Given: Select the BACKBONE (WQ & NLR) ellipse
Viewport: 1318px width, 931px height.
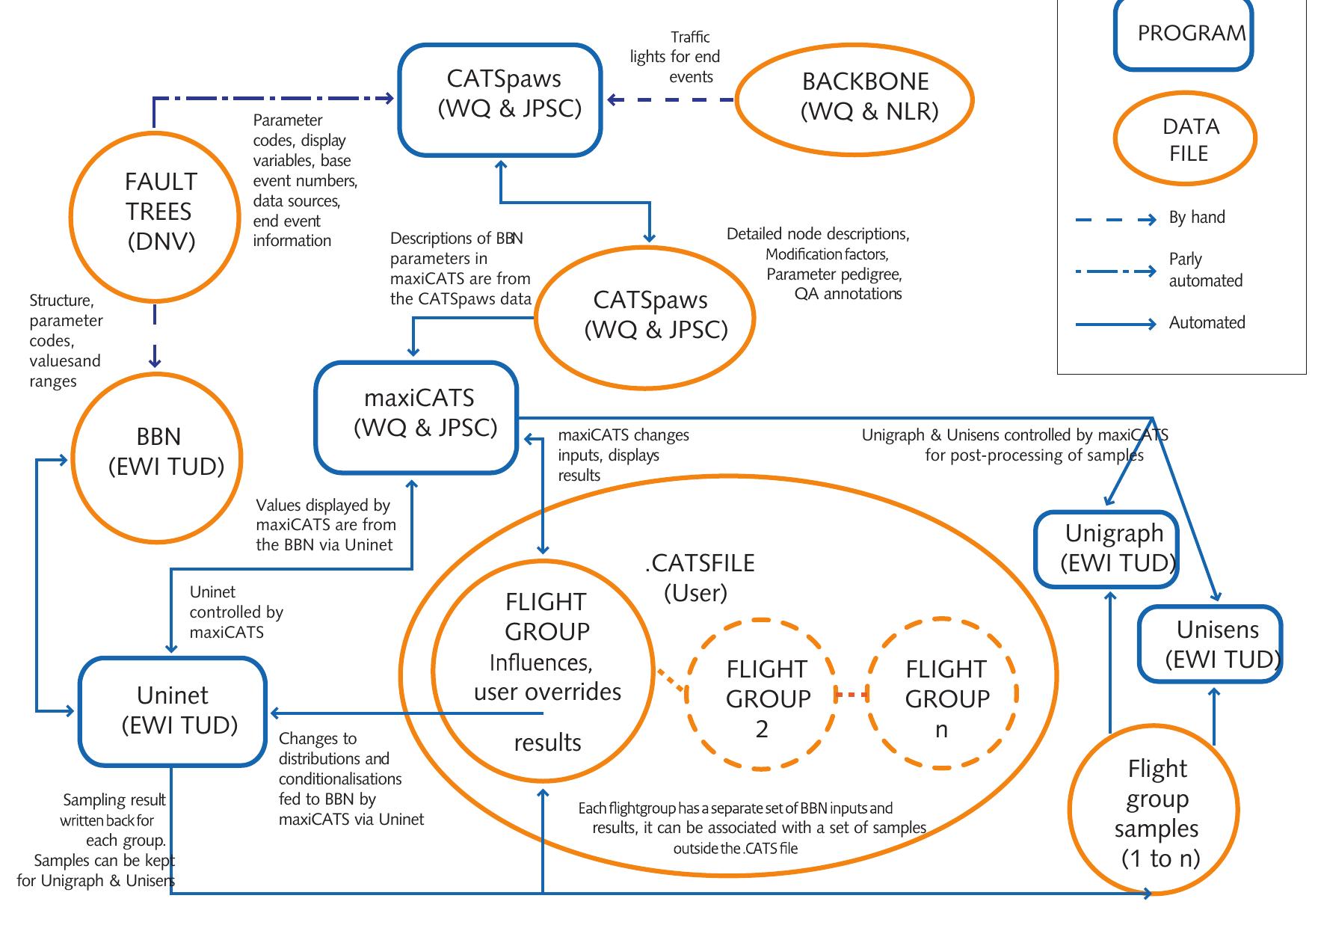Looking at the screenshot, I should click(854, 99).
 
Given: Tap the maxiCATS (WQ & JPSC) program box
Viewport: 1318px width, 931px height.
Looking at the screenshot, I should click(416, 417).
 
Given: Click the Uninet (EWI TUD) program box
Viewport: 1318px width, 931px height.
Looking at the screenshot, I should click(173, 711).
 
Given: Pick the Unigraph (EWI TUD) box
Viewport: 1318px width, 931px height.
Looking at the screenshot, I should click(1106, 549).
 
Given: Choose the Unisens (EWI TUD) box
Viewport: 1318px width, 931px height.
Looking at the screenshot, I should click(1210, 645).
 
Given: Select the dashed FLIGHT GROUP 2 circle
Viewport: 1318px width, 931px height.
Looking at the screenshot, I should click(761, 694).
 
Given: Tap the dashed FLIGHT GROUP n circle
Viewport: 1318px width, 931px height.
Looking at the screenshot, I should click(942, 694).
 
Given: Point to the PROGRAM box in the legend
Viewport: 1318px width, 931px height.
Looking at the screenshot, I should click(1183, 34).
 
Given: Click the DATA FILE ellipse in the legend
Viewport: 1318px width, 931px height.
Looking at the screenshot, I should click(1184, 139).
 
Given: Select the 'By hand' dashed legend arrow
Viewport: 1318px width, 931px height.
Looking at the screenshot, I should click(1115, 220).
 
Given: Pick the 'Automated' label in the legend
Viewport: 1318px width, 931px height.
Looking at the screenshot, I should click(1207, 323).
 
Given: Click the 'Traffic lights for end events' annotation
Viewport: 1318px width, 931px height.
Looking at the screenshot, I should click(676, 57).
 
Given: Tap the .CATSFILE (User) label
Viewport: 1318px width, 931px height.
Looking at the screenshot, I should click(698, 577).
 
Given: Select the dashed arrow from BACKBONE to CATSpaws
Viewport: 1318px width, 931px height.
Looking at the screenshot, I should click(671, 99).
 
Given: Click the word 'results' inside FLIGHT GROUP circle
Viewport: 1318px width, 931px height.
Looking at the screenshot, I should click(547, 743).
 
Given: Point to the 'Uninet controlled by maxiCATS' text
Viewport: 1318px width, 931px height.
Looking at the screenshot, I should click(236, 612).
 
